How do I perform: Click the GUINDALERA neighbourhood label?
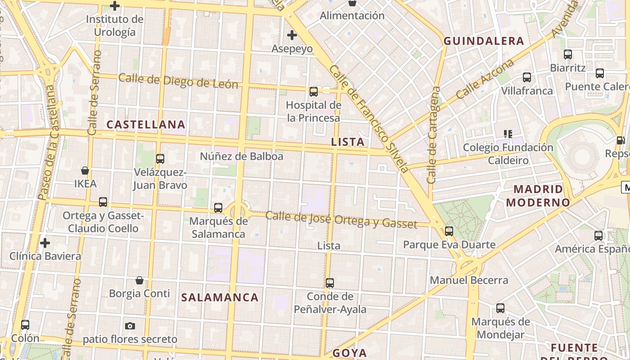484,41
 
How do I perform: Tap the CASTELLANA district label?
146,125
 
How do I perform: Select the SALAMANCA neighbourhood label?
220,297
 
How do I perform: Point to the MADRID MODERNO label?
538,196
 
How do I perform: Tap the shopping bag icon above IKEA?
85,171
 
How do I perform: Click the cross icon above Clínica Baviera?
45,243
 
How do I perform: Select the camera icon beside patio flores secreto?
130,326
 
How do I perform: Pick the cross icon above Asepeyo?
292,35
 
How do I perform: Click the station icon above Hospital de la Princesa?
314,92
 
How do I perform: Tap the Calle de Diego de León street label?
178,81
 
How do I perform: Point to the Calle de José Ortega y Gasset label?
341,219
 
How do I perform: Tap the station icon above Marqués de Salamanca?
218,207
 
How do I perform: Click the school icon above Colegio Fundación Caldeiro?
508,134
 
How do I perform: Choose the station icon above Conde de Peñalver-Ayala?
330,283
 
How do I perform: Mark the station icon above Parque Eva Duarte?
449,231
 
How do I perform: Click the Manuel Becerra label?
469,280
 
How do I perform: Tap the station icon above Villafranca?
527,77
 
